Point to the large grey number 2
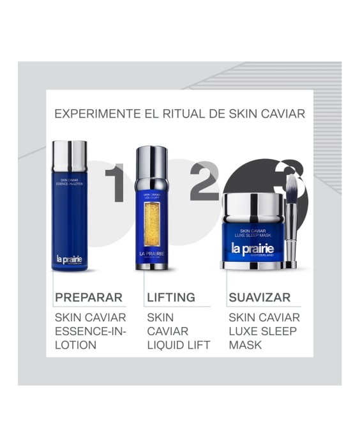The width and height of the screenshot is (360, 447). [204, 181]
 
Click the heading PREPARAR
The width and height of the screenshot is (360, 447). [89, 297]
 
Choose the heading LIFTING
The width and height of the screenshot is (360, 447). [171, 297]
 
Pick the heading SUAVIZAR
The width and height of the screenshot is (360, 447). [260, 297]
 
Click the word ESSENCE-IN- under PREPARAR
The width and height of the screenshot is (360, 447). [91, 331]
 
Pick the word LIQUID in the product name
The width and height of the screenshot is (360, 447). [166, 345]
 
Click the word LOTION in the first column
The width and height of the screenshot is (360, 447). [75, 345]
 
